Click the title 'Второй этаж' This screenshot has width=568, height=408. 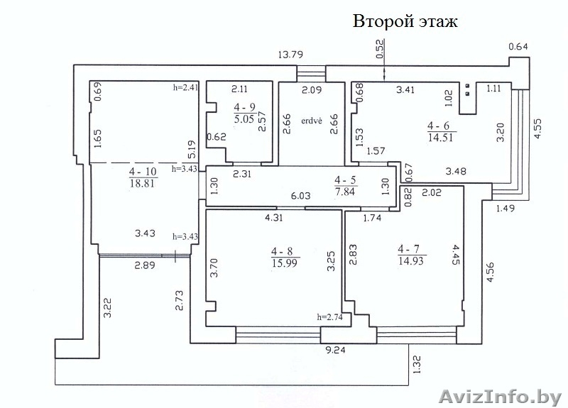pyautogui.click(x=405, y=21)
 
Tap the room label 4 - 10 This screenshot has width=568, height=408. pyautogui.click(x=143, y=171)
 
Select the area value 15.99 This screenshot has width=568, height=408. pyautogui.click(x=285, y=263)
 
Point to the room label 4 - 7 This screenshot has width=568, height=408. pyautogui.click(x=410, y=249)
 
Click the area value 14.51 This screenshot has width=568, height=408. pyautogui.click(x=440, y=138)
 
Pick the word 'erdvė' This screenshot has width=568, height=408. pyautogui.click(x=312, y=121)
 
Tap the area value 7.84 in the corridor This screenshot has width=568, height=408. pyautogui.click(x=345, y=191)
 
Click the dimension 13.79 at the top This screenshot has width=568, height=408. pyautogui.click(x=290, y=55)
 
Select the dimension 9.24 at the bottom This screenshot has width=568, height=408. pyautogui.click(x=335, y=350)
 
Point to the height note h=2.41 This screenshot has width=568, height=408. pyautogui.click(x=186, y=87)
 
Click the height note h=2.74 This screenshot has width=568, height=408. pyautogui.click(x=329, y=317)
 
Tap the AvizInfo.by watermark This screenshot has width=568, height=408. pyautogui.click(x=501, y=397)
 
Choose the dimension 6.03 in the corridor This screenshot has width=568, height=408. pyautogui.click(x=301, y=196)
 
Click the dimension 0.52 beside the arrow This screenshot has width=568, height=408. pyautogui.click(x=380, y=49)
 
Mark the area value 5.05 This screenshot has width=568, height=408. pyautogui.click(x=244, y=118)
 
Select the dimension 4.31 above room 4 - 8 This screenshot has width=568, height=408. pyautogui.click(x=274, y=218)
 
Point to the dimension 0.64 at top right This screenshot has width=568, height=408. pyautogui.click(x=518, y=46)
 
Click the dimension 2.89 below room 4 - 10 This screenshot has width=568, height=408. pyautogui.click(x=145, y=265)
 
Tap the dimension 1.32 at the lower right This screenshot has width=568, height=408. pyautogui.click(x=417, y=365)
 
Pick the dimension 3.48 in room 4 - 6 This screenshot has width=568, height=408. pyautogui.click(x=456, y=171)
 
